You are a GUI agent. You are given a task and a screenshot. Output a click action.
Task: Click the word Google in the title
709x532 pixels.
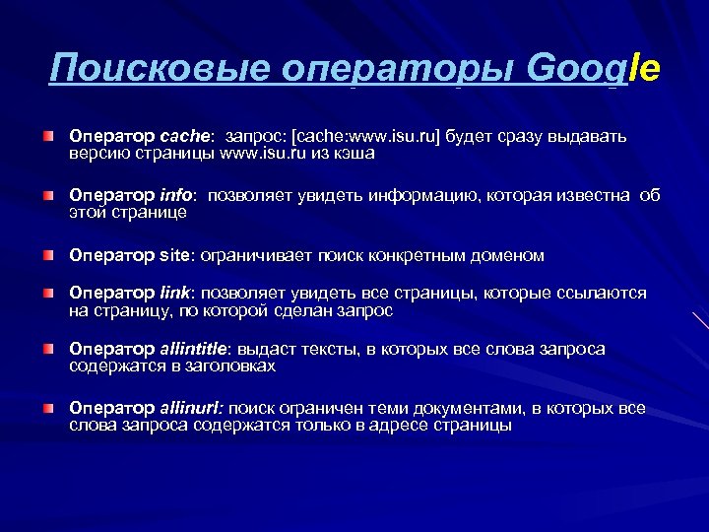coord(594,68)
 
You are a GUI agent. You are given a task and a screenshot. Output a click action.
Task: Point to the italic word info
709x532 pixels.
coord(180,195)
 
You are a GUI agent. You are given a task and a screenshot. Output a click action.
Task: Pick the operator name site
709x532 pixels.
coord(178,256)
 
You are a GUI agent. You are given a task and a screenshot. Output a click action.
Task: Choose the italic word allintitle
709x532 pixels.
coord(193,350)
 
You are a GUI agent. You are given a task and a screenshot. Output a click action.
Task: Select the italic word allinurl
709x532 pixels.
coord(190,407)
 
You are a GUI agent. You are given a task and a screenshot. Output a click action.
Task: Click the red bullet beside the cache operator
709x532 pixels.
coord(48,134)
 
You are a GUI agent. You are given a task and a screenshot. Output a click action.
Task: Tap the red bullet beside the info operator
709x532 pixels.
coord(48,196)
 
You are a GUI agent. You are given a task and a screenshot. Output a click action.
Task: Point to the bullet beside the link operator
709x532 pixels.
coord(48,294)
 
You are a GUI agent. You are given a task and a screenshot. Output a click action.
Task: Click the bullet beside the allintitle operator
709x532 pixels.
coord(48,351)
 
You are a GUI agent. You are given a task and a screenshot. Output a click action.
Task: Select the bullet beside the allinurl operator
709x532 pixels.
coord(48,408)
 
